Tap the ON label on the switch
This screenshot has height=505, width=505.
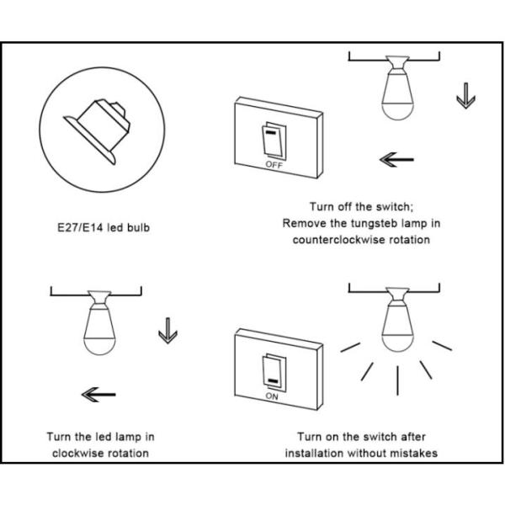[272, 395]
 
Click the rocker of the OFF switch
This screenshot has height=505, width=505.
[270, 142]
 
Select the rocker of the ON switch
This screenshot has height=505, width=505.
[271, 371]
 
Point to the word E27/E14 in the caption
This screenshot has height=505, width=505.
[69, 228]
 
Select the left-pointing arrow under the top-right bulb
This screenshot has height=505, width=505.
[397, 158]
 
